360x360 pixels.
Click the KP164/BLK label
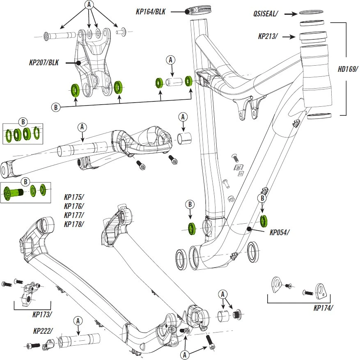tap(150, 12)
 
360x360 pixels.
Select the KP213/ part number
tap(268, 37)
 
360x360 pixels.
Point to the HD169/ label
tap(348, 69)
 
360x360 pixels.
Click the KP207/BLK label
tap(44, 63)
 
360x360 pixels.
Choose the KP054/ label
tap(280, 232)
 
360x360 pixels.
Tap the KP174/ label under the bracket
tap(323, 307)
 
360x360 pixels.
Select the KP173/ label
tap(42, 315)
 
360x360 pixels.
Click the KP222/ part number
tap(43, 330)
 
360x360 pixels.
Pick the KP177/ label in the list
tap(74, 215)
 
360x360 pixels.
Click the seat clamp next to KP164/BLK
tap(196, 10)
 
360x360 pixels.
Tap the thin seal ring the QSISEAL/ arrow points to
tap(311, 13)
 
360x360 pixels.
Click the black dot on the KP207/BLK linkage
tap(78, 63)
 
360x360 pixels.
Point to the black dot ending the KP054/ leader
tap(249, 228)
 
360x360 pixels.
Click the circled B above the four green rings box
tap(23, 122)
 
